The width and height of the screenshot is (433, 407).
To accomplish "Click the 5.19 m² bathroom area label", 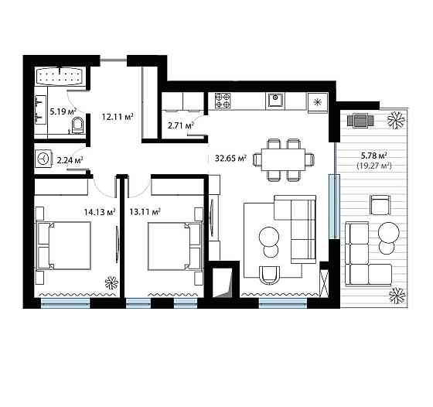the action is tap(63, 111).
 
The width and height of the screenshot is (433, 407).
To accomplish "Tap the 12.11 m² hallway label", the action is tap(118, 117).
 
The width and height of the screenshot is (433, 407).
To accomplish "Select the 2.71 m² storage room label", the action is tap(180, 125).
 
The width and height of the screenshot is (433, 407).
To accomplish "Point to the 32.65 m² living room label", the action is tap(231, 159).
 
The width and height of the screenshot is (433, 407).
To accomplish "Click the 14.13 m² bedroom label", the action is tap(100, 212).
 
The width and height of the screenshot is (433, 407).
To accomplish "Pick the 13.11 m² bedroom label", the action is tap(145, 212).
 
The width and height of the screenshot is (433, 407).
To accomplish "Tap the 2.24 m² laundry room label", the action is tap(70, 160).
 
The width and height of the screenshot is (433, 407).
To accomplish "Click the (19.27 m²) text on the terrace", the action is tap(374, 166).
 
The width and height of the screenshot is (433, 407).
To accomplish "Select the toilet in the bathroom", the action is tap(77, 125).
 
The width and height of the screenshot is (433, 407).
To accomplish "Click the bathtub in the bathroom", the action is tap(60, 76).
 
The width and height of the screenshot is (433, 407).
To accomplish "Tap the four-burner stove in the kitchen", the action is tap(223, 101).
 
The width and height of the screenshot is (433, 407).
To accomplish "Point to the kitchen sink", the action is tap(275, 101).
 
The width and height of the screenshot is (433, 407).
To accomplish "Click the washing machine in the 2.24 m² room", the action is tap(43, 159).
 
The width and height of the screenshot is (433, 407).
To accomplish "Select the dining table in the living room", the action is tap(283, 159).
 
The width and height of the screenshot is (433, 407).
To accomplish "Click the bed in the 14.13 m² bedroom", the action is tap(63, 245).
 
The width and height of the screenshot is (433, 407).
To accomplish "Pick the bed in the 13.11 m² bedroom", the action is tap(175, 247).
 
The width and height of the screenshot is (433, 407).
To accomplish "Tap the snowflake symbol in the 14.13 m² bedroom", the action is tap(111, 282).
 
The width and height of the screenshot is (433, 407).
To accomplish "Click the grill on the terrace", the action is tap(360, 121).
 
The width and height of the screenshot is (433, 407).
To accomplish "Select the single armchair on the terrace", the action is tap(380, 205).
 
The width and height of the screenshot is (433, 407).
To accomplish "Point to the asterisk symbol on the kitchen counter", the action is tap(318, 102).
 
